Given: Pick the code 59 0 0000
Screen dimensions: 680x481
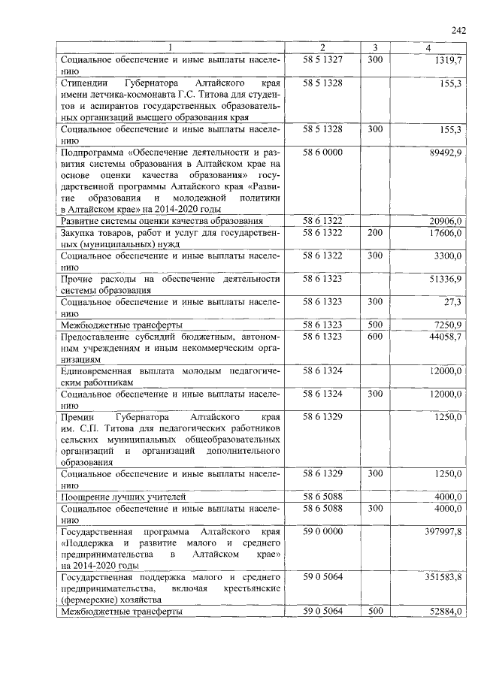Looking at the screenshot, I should point(323,531).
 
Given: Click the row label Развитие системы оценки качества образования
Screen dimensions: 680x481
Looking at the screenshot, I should point(162,221).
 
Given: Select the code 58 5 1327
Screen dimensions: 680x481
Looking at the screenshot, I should point(323,59).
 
